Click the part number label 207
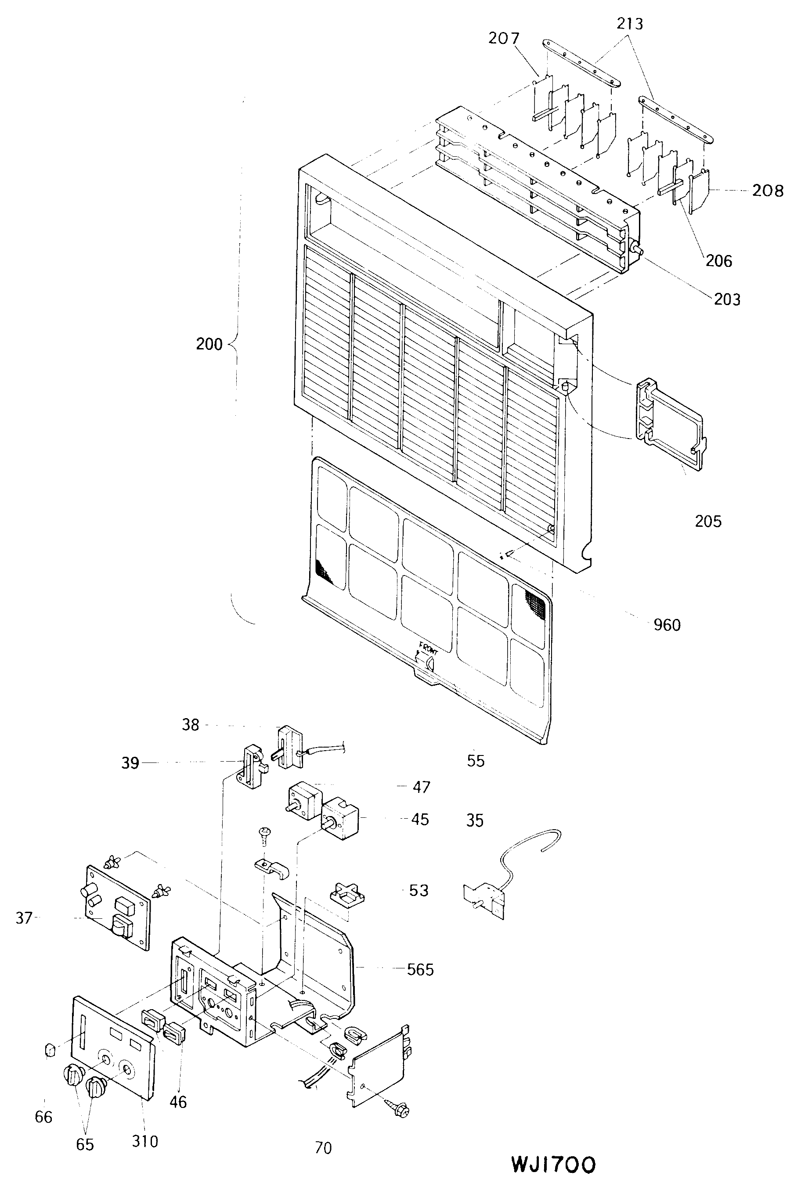coord(504,38)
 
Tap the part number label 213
coord(629,24)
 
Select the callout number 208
coord(767,191)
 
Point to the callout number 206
coord(719,261)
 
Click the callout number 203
coord(727,299)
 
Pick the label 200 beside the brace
coord(209,344)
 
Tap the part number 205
coord(708,521)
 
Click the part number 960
coord(667,625)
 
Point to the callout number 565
coord(420,969)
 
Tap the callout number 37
coord(24,918)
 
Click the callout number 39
coord(130,763)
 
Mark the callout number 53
coord(419,890)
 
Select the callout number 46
coord(178,1102)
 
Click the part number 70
coord(323,1148)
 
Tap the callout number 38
coord(191,725)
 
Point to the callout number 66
coord(43,1117)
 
